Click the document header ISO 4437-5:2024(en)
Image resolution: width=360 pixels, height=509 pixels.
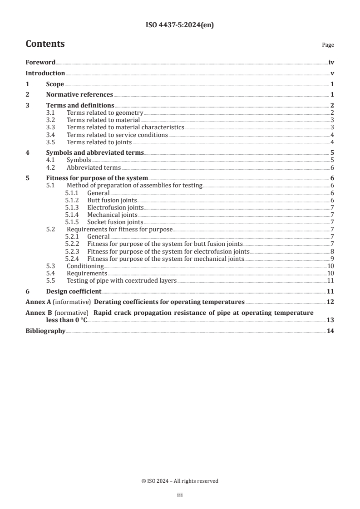click(x=180, y=25)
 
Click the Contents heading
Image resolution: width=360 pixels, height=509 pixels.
click(x=45, y=44)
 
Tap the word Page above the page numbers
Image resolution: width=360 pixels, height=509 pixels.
click(x=328, y=45)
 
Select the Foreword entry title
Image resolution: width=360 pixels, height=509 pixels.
click(x=40, y=63)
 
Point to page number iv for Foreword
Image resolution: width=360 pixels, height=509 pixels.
click(x=331, y=63)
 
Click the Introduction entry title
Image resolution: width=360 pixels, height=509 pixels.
click(x=45, y=73)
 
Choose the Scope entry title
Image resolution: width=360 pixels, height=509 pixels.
click(x=55, y=84)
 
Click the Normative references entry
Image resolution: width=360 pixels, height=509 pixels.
click(x=79, y=95)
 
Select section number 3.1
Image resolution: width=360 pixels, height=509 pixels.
click(x=51, y=113)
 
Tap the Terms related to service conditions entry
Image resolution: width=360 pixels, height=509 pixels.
click(x=117, y=135)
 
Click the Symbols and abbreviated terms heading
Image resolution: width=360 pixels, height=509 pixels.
click(x=95, y=153)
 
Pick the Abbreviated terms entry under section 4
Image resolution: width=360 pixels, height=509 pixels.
click(x=94, y=167)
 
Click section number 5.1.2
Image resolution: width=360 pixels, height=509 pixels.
click(x=72, y=200)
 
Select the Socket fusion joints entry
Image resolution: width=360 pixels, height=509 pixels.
click(x=115, y=222)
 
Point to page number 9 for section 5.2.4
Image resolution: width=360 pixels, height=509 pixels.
click(x=332, y=259)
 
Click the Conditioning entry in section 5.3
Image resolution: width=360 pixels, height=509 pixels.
click(x=85, y=266)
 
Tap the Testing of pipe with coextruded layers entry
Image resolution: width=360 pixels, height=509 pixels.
click(x=121, y=281)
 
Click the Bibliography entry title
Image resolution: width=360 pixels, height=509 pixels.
click(x=45, y=331)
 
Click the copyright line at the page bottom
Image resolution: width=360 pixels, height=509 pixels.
click(x=180, y=481)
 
